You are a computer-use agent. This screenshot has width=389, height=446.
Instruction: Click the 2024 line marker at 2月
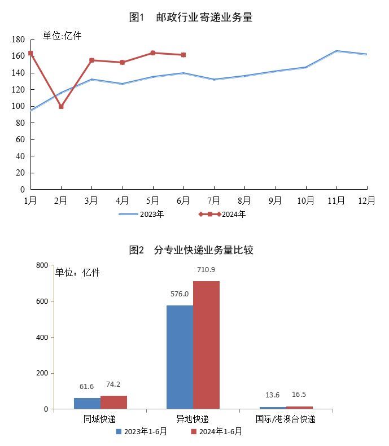[x=61, y=106]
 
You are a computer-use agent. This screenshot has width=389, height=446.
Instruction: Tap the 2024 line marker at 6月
[x=183, y=55]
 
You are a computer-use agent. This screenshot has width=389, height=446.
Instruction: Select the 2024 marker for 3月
[x=91, y=60]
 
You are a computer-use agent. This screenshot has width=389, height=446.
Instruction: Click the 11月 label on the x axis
[x=336, y=200]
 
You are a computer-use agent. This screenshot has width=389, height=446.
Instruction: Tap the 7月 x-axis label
[x=214, y=200]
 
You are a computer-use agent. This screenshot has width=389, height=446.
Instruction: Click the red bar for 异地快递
[x=206, y=345]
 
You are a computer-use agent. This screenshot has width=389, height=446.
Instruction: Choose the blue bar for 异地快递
[x=180, y=357]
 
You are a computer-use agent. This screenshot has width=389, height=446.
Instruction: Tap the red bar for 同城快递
[x=113, y=402]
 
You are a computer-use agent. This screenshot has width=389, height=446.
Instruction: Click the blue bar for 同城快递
[x=87, y=403]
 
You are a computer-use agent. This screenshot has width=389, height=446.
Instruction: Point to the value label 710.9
[x=206, y=270]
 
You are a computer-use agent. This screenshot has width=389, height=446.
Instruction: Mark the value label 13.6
[x=272, y=395]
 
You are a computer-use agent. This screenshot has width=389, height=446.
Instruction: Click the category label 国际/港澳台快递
[x=285, y=419]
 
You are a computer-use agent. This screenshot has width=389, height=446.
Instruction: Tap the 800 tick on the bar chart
[x=41, y=265]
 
